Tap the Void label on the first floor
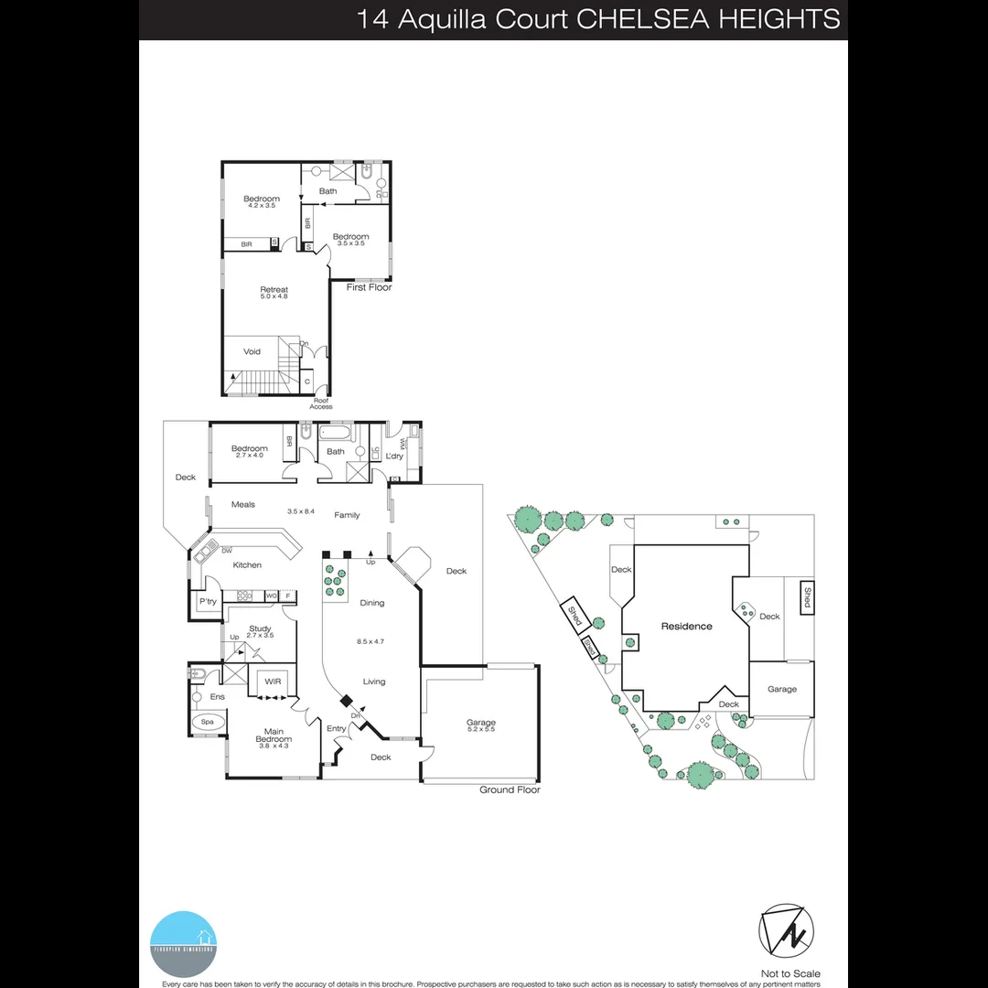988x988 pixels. tap(252, 351)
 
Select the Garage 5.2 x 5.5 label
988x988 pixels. tap(480, 725)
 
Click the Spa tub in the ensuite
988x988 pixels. tap(208, 722)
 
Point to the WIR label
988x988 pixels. tap(273, 682)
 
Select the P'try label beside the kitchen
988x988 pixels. tap(208, 602)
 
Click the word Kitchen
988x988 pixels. tap(247, 565)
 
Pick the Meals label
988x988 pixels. tap(243, 504)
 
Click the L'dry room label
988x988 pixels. tap(394, 456)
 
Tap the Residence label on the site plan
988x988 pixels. tap(686, 627)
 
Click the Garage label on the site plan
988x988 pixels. tap(781, 690)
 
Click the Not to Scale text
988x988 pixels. tap(790, 973)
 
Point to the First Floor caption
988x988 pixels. tap(369, 287)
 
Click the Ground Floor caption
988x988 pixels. tap(510, 789)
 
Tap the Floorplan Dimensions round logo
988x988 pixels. tap(183, 942)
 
